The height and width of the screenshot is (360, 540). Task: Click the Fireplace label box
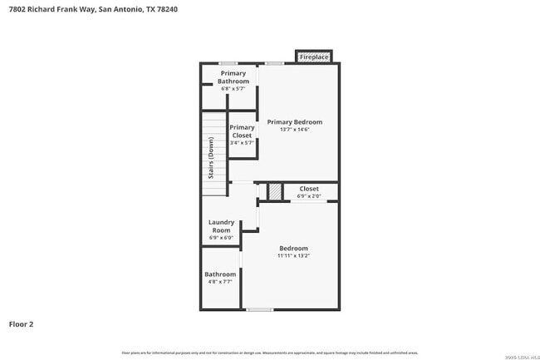coord(314,57)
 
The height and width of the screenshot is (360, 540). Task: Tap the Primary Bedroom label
coord(294,122)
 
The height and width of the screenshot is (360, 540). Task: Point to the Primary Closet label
coord(242,131)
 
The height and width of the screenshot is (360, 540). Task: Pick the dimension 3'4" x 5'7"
coord(242,142)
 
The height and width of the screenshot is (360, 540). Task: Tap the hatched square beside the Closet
coord(275,192)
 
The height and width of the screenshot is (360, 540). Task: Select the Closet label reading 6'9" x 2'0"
coord(308,192)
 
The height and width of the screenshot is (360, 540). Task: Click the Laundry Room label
coord(222,226)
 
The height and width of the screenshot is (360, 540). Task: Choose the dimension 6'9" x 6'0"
coord(222,238)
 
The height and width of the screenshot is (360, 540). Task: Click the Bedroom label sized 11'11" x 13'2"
coord(293,252)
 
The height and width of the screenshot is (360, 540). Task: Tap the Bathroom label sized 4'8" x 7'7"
coord(220,278)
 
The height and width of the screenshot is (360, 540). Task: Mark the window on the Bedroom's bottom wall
coord(260,310)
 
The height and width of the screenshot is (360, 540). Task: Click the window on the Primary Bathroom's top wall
coord(228,63)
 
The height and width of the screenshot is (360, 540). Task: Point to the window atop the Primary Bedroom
coord(274,63)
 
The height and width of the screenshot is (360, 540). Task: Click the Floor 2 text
coord(22,324)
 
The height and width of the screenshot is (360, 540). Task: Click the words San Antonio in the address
coord(120,9)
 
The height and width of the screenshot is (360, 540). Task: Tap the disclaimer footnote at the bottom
coord(270,353)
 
